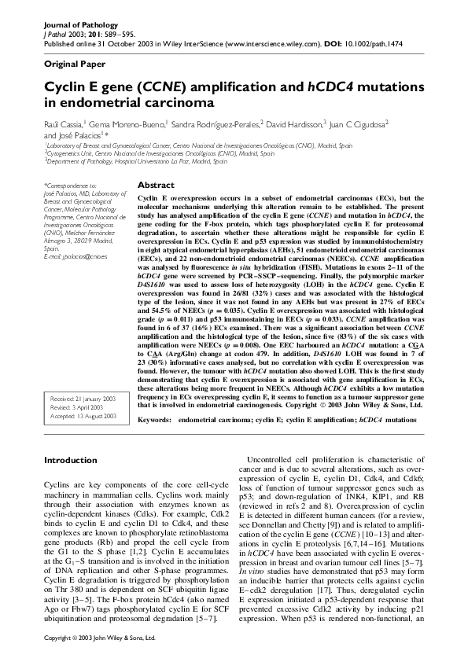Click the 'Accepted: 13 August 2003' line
point(82,416)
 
